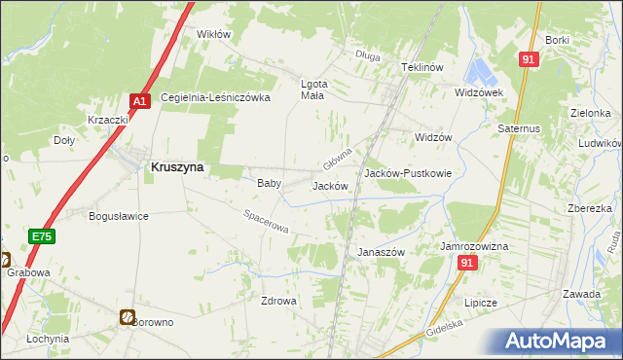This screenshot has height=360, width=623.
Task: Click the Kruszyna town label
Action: [x=177, y=166]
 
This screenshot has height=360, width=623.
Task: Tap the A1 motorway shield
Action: [x=139, y=99]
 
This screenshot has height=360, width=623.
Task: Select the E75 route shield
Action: [x=41, y=236]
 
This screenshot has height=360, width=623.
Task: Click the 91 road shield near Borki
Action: [x=529, y=59]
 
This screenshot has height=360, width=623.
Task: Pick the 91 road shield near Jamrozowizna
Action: [x=469, y=264]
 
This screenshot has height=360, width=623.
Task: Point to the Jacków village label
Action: [x=330, y=185]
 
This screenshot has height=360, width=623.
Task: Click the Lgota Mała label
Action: [x=311, y=90]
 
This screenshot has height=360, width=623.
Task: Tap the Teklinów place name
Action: [x=422, y=67]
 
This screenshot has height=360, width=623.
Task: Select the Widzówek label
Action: [x=478, y=92]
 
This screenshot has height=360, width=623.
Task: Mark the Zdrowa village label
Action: [x=278, y=301]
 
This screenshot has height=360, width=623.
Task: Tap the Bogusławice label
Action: [x=118, y=216]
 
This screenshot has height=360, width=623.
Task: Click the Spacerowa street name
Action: [x=267, y=223]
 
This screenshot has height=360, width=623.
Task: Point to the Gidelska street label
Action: [x=443, y=329]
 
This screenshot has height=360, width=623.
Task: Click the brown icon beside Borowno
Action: [x=128, y=316]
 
